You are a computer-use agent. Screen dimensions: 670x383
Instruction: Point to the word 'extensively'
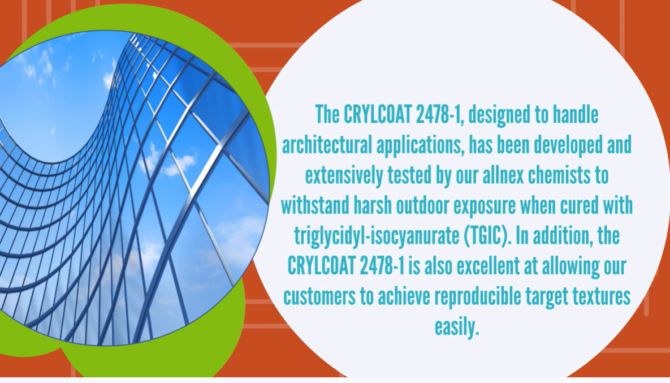[344, 176]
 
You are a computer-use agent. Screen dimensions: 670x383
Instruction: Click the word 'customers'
[319, 297]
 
